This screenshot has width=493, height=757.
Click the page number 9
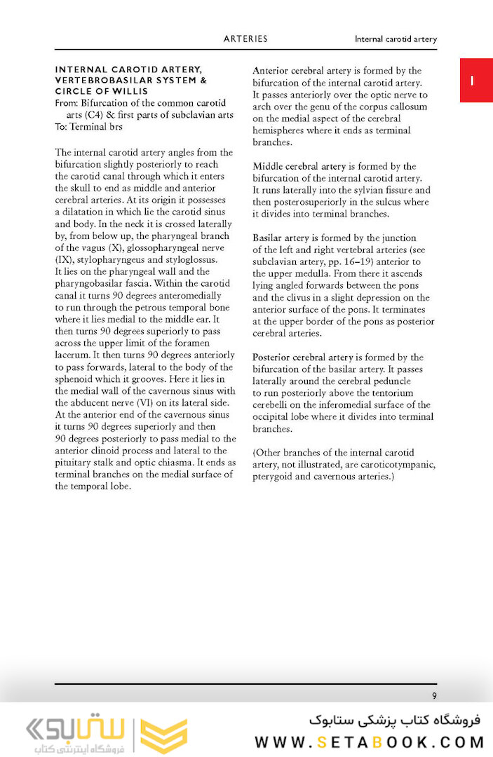[x=434, y=696]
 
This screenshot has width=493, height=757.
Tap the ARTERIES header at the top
[x=245, y=39]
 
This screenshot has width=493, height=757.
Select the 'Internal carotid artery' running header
[x=396, y=39]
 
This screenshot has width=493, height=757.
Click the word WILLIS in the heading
[x=149, y=91]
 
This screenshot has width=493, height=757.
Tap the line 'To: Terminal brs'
[x=88, y=127]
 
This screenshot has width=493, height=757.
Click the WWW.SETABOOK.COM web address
[x=367, y=742]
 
